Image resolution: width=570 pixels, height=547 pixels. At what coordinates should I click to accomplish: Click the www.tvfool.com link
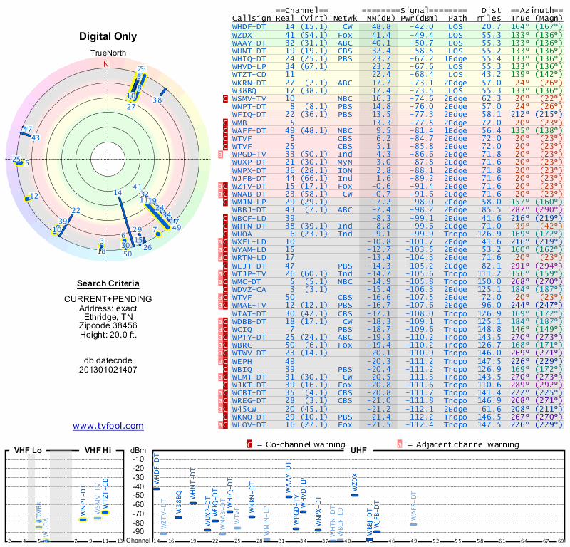click(108, 426)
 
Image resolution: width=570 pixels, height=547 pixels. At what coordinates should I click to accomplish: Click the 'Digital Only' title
click(108, 36)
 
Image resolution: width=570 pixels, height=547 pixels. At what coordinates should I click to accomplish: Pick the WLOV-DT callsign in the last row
click(249, 424)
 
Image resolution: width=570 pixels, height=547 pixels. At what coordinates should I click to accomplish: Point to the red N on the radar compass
click(107, 63)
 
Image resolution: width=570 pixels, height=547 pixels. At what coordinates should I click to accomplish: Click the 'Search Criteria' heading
click(108, 283)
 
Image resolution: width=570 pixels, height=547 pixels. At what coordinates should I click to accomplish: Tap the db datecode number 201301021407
click(108, 370)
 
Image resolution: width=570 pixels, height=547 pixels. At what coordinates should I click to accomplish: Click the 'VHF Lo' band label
click(28, 452)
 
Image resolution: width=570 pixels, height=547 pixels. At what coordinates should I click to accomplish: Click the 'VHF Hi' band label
click(97, 452)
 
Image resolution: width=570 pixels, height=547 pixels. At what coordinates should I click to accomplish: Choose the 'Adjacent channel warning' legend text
click(458, 444)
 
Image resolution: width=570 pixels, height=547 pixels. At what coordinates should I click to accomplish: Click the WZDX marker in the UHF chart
click(354, 494)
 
